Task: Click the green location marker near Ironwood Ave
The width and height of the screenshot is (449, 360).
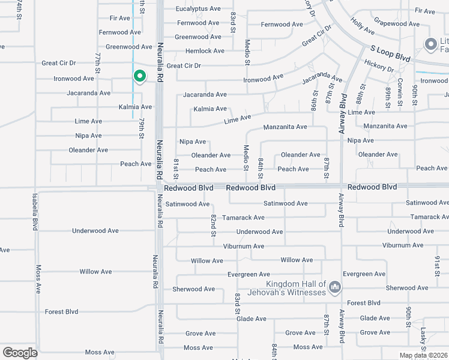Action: [x=139, y=76]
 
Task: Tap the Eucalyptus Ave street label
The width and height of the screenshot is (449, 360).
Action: [x=198, y=9]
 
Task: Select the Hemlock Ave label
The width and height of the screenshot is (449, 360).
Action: [x=205, y=51]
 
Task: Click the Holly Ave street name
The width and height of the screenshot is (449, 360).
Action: [x=363, y=26]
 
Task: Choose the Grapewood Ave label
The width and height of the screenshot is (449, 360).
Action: [x=395, y=22]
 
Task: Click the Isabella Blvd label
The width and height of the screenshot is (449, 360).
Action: [x=35, y=212]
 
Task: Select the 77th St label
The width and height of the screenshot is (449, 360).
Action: [x=97, y=62]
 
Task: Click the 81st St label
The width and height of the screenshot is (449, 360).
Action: [x=176, y=169]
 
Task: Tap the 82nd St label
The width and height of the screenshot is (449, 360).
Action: [x=213, y=225]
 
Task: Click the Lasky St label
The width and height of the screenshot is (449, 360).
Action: [x=423, y=339]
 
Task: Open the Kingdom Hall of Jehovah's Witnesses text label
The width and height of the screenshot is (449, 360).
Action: [x=297, y=289]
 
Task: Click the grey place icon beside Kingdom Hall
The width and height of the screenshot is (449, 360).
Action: [x=335, y=289]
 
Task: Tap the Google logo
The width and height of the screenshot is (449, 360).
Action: [x=20, y=353]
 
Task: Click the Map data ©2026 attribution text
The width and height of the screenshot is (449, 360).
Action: [x=423, y=355]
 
